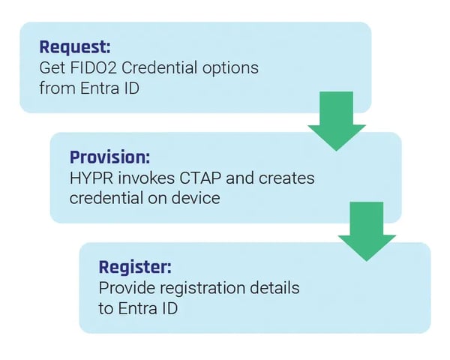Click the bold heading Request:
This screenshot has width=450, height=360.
click(74, 47)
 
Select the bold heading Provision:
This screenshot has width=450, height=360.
click(109, 157)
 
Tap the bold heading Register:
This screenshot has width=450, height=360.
click(136, 267)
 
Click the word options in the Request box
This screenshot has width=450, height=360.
click(229, 67)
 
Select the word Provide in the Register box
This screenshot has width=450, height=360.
click(124, 288)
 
